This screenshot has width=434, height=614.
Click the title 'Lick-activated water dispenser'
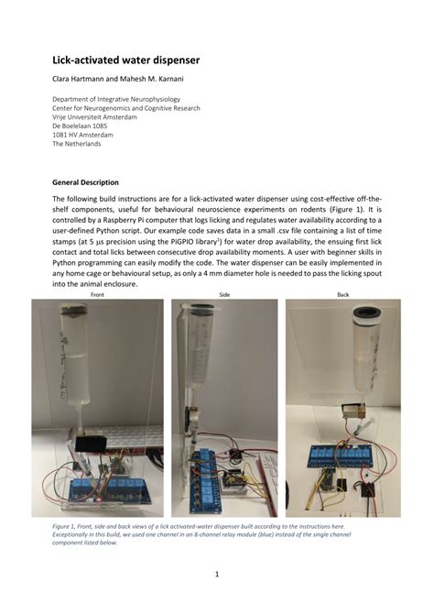coord(125,60)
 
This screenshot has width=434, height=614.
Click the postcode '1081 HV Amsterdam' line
coord(84,136)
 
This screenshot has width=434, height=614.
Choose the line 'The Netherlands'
coord(77,145)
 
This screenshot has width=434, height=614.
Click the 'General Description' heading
coord(85,182)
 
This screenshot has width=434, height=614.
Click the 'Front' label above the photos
coord(97,294)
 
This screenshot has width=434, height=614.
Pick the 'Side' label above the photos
coord(224,294)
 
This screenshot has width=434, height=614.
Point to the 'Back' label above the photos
coord(343,294)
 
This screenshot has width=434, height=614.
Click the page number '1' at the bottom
coord(216,575)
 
